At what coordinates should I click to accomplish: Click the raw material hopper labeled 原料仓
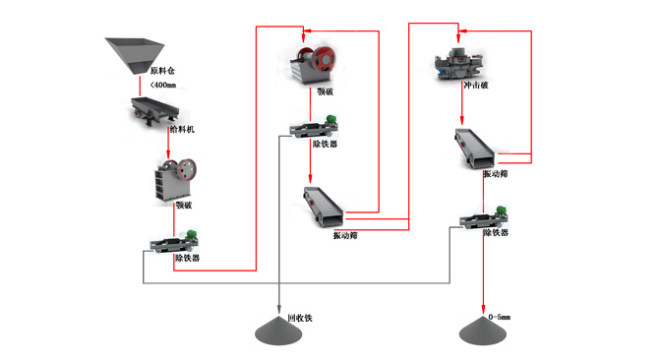click(x=135, y=56)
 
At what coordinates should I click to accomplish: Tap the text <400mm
click(x=162, y=85)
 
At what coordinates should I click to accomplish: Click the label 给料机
click(x=182, y=130)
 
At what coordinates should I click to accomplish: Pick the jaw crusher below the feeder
click(x=175, y=179)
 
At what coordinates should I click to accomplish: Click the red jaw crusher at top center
click(x=313, y=65)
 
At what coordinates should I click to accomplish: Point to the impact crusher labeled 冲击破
click(x=458, y=63)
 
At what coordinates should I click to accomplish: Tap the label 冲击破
click(x=476, y=86)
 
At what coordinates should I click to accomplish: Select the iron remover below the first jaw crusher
click(x=174, y=242)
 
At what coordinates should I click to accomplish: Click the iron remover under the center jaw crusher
click(x=313, y=126)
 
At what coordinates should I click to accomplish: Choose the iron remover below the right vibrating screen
click(x=484, y=217)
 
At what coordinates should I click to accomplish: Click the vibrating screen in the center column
click(x=324, y=207)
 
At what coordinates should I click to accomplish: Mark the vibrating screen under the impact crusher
click(x=475, y=149)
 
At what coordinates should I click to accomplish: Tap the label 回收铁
click(x=300, y=319)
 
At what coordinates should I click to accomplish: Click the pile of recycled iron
click(x=278, y=330)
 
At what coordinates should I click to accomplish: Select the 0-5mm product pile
click(x=483, y=330)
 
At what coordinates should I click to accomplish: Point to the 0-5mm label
click(x=500, y=317)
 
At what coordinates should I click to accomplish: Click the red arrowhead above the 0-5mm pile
click(x=483, y=310)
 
